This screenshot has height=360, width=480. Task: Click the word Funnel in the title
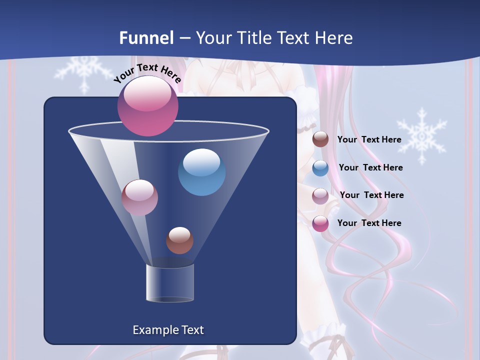click(146, 38)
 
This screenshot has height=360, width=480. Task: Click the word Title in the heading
click(254, 38)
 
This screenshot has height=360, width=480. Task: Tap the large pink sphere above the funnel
click(148, 105)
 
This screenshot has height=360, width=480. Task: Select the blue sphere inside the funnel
click(201, 172)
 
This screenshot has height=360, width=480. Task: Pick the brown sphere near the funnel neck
click(179, 240)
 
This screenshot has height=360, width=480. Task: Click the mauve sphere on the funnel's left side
click(139, 197)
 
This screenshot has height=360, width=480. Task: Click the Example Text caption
click(168, 330)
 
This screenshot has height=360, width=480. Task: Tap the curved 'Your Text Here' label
click(147, 73)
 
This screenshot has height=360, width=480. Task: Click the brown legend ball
click(320, 139)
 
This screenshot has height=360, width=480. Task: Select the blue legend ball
click(320, 168)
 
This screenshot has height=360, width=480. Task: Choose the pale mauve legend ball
click(320, 196)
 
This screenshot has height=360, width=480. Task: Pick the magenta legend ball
click(320, 223)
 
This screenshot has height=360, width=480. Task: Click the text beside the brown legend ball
click(369, 139)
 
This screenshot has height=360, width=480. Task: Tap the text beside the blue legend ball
click(370, 167)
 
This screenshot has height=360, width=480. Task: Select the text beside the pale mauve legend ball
click(371, 195)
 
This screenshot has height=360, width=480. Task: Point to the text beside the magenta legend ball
click(369, 223)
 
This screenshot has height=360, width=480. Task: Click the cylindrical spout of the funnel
click(170, 283)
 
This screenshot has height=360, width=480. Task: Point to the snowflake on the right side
click(422, 136)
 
